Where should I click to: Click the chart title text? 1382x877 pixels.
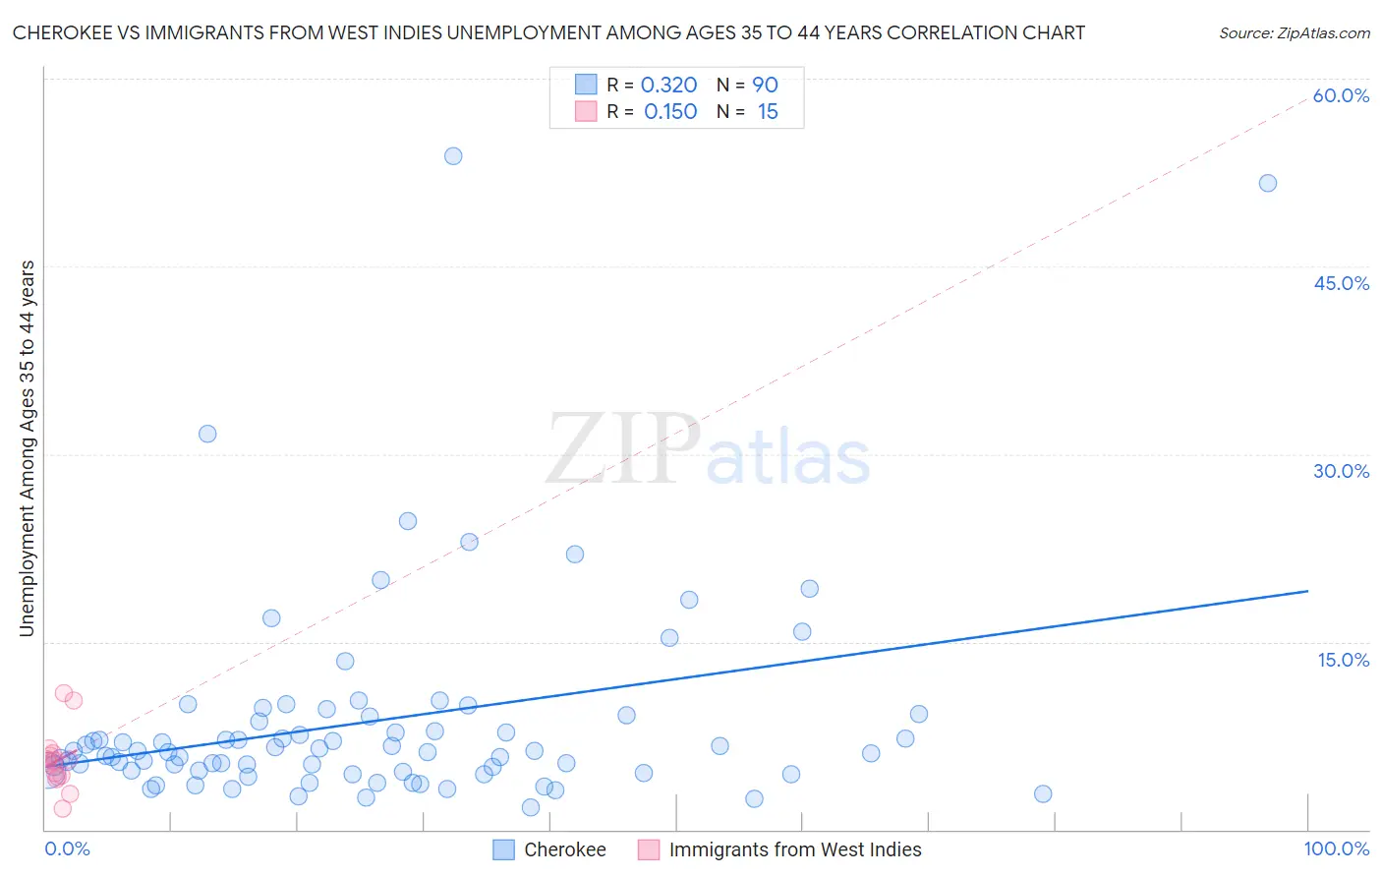[x=548, y=32]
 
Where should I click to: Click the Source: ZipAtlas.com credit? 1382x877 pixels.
[x=1294, y=32]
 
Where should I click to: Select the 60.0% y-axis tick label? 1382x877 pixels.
[x=1341, y=95]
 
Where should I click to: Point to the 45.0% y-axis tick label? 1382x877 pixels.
[x=1341, y=283]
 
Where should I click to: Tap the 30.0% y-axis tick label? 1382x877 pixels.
[x=1341, y=471]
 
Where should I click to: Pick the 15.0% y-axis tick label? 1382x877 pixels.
[x=1343, y=660]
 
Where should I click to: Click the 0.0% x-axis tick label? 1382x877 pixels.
[x=67, y=848]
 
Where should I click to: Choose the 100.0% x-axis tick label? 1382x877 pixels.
[x=1336, y=848]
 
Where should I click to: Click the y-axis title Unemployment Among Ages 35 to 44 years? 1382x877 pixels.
[x=28, y=448]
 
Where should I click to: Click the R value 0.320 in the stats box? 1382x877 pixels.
[x=668, y=86]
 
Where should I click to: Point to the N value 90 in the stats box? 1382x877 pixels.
[x=765, y=86]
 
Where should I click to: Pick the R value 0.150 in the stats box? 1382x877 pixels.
[x=670, y=112]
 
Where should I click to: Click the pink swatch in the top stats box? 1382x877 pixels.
[x=586, y=112]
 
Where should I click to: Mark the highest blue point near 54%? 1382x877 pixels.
[x=453, y=156]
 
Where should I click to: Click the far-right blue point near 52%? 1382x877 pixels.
[x=1268, y=183]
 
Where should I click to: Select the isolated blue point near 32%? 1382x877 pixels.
[x=207, y=434]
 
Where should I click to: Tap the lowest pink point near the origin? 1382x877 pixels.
[x=62, y=808]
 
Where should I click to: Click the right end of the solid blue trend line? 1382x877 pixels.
[x=1307, y=591]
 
